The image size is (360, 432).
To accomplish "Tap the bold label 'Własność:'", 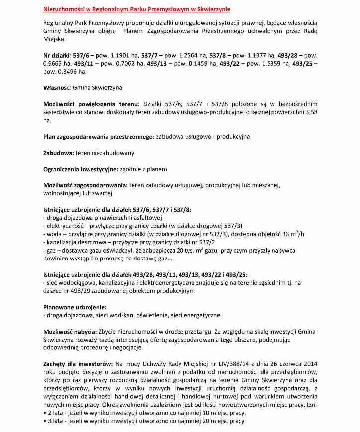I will (57, 88).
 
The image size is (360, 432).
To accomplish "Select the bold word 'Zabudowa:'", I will (59, 153).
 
